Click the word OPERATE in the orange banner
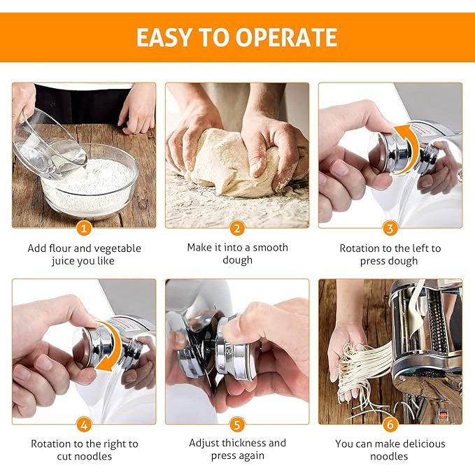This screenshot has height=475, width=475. pos(286,37)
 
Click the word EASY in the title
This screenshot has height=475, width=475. pos(164,37)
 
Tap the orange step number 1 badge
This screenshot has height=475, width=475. pos(84,228)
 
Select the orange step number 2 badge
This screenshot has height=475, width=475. pos(237,228)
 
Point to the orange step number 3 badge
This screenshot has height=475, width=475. pos(390,228)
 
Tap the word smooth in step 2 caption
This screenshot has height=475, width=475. pos(270,248)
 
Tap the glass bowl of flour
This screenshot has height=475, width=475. pos(90,182)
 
